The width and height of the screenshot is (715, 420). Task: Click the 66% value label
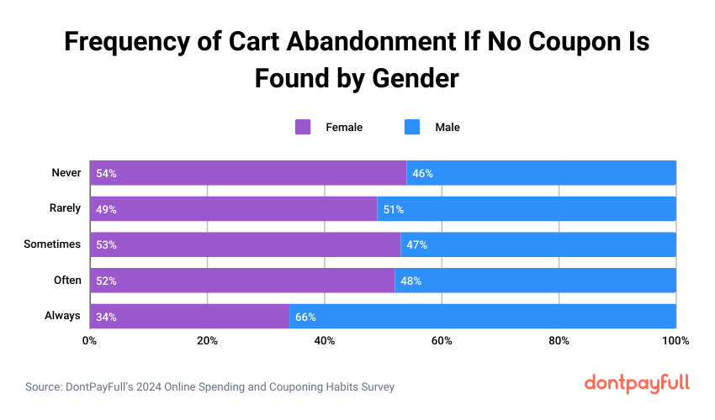pyautogui.click(x=305, y=317)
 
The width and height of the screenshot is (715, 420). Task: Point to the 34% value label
pyautogui.click(x=106, y=317)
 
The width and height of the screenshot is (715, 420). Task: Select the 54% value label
pyautogui.click(x=106, y=173)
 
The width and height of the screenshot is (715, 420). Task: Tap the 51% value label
pyautogui.click(x=394, y=209)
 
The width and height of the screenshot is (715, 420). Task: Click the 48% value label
pyautogui.click(x=411, y=281)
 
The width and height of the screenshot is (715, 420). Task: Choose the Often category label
pyautogui.click(x=66, y=281)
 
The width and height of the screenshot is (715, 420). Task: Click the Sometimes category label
pyautogui.click(x=53, y=244)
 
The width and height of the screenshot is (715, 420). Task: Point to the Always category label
pyautogui.click(x=62, y=316)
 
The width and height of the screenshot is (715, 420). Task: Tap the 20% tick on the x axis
pyautogui.click(x=207, y=341)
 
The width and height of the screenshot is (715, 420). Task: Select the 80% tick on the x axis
pyautogui.click(x=559, y=341)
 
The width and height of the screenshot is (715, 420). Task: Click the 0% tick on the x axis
pyautogui.click(x=89, y=341)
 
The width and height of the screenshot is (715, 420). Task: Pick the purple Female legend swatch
pyautogui.click(x=303, y=128)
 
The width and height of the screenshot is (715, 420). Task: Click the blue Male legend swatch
pyautogui.click(x=412, y=128)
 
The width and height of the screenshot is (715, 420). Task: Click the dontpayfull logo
pyautogui.click(x=637, y=383)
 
